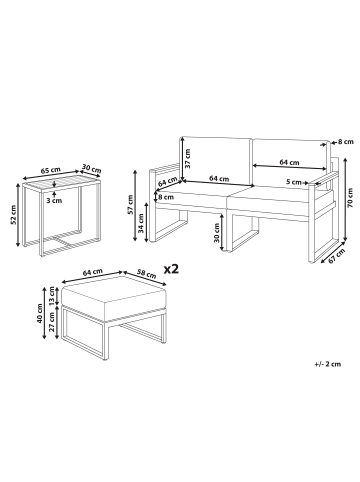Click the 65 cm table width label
(x=51, y=169)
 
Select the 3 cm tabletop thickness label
(x=54, y=201)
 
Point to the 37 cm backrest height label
(x=188, y=158)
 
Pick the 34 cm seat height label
(x=141, y=223)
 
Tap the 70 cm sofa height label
(x=350, y=198)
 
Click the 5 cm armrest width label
(x=294, y=182)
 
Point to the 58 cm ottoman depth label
(x=147, y=274)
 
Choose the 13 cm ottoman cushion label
(x=51, y=294)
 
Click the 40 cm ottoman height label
(x=40, y=313)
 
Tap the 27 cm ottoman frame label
(x=51, y=321)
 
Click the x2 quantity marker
(x=171, y=269)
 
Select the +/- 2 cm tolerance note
(x=327, y=364)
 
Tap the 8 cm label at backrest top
(x=345, y=142)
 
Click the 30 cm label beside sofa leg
(x=217, y=232)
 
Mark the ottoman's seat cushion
(x=114, y=296)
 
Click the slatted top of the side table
(x=61, y=183)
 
